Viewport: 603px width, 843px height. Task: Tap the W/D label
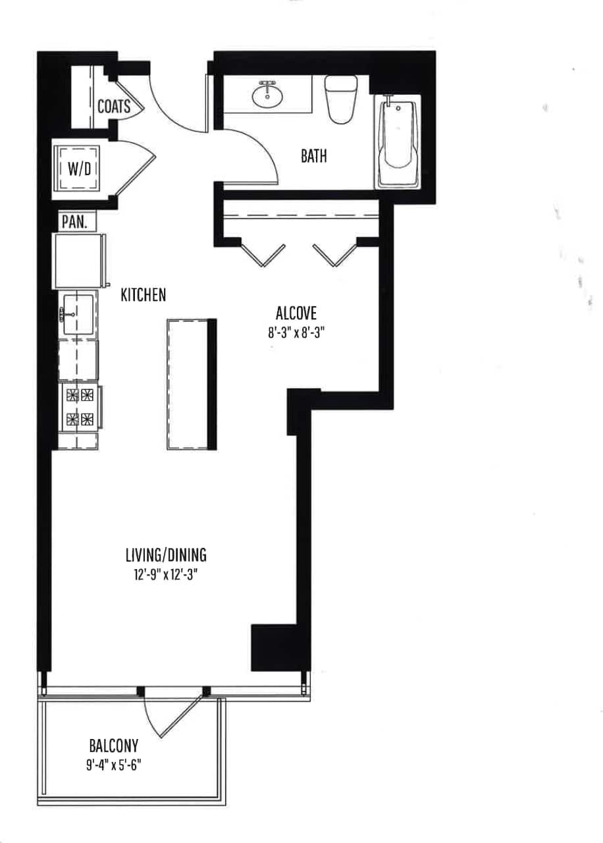[x=80, y=168]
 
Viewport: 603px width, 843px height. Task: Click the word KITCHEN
[x=143, y=295]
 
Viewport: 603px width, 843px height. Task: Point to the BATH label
[x=314, y=156]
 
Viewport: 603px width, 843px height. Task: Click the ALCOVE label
[x=297, y=313]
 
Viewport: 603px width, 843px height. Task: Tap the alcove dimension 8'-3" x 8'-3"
[x=297, y=333]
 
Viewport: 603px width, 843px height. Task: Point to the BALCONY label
[x=114, y=746]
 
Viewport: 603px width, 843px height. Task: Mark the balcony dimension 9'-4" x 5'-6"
[x=114, y=766]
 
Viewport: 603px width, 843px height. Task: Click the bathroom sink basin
[x=267, y=96]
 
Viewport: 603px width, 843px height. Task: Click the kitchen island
[x=192, y=383]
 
